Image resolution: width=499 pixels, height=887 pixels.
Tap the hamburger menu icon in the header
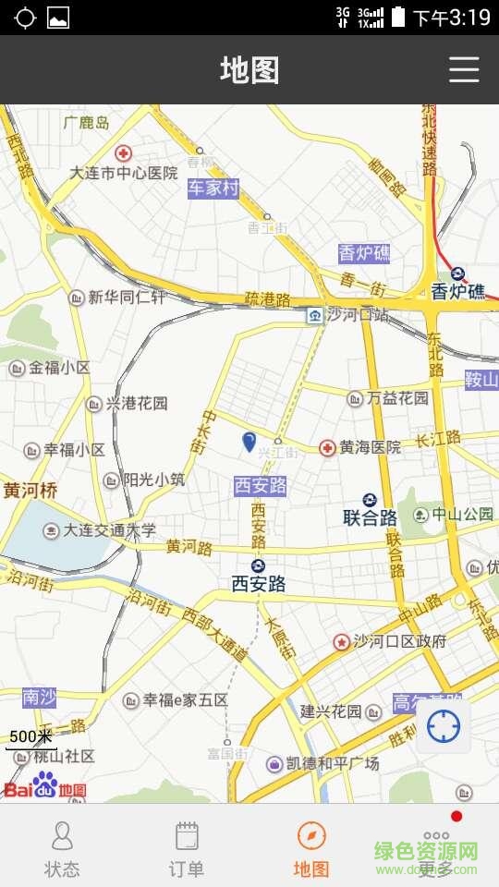pos(464,70)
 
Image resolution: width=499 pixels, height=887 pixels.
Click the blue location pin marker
pos(249,442)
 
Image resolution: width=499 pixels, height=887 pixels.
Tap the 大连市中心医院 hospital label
pos(124,173)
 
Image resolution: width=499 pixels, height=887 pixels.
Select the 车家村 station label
pos(213,188)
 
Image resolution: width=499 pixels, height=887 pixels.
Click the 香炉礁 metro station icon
pos(458,273)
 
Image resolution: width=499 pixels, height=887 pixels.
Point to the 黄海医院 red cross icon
pos(327,448)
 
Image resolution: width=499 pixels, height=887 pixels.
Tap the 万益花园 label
pos(397,398)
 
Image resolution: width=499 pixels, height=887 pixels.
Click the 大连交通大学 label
pos(109,530)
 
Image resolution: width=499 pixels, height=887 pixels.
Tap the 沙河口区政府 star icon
pos(341,641)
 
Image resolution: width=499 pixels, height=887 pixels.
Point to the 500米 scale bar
pos(31,738)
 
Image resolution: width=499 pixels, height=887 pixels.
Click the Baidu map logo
pos(44,785)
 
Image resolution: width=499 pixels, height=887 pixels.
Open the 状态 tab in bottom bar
pos(62,847)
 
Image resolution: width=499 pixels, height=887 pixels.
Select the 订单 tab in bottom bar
pos(187,847)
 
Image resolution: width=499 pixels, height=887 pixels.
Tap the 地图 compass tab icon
pos(311,836)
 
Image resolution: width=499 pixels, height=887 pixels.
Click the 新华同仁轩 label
pos(127,297)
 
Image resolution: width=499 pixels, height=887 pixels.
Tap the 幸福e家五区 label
pos(185,700)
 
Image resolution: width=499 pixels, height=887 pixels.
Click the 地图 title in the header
pos(249,70)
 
